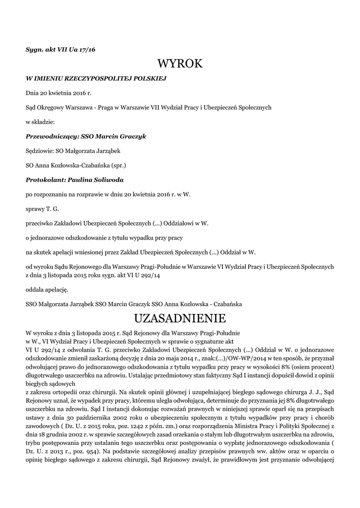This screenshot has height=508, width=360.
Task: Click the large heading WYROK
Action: [180, 63]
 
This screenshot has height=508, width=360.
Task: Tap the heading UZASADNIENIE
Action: [180, 317]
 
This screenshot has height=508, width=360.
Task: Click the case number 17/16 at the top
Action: [87, 50]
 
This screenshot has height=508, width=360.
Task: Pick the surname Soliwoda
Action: [109, 180]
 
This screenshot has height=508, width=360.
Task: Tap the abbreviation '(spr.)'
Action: [121, 165]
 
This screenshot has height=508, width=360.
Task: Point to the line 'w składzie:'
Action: [40, 122]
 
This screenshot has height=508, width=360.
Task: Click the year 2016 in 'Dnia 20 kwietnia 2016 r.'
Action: [78, 93]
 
